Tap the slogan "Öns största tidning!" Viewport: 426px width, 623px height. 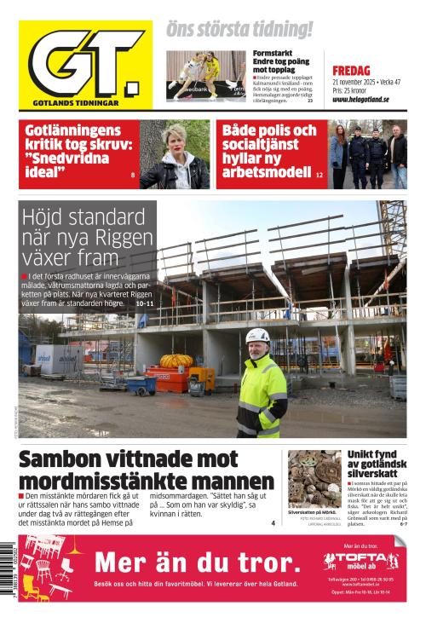tap(239, 30)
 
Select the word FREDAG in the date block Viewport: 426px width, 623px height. tap(351, 71)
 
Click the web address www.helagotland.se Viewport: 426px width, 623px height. tap(360, 100)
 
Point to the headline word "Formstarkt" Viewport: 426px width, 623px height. tap(273, 53)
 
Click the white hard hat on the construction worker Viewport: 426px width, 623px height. tap(257, 336)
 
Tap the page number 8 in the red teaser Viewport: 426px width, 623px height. tap(133, 175)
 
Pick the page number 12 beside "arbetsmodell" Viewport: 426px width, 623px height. tap(319, 175)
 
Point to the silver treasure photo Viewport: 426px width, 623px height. tap(314, 478)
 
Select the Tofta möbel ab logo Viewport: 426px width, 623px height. tap(360, 562)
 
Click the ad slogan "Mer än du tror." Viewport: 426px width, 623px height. tap(197, 562)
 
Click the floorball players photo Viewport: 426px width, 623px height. tap(204, 76)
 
